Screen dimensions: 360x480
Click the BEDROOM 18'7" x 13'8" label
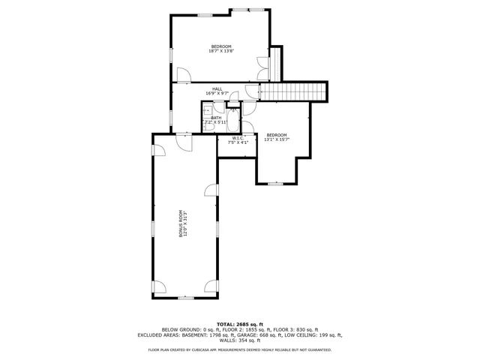tap(221, 49)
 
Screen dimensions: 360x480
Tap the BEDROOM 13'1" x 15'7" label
tap(276, 136)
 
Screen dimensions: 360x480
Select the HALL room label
tap(217, 91)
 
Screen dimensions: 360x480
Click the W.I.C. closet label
tap(237, 139)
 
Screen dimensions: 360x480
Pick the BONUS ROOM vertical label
tap(181, 223)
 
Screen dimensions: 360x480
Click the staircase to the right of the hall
tap(293, 91)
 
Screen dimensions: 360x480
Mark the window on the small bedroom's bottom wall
tap(275, 183)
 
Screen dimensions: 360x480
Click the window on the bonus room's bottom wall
tap(184, 298)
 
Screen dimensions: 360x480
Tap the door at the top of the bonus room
tap(181, 141)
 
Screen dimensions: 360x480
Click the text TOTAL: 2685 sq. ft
tap(239, 323)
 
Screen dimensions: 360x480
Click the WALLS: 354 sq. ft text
tap(239, 341)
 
